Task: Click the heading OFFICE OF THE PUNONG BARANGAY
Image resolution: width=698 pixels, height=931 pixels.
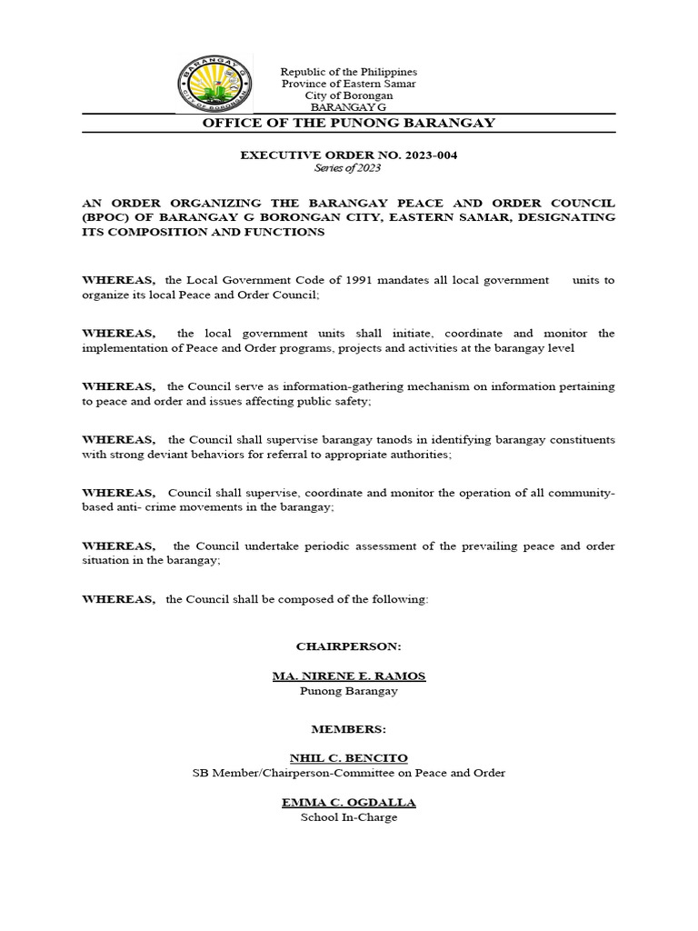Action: (x=348, y=124)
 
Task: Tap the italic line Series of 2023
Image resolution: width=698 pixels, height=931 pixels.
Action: (x=348, y=168)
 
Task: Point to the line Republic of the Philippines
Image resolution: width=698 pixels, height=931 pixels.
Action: (x=348, y=72)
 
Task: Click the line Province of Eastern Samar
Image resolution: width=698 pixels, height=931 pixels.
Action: (x=348, y=84)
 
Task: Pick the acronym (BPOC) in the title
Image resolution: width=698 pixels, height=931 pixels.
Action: (x=106, y=218)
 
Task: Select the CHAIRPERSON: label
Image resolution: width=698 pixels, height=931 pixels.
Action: (x=348, y=646)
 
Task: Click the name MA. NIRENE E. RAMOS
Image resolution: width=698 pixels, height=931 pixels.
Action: (x=349, y=676)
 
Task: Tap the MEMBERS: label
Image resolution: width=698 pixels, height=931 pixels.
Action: (x=348, y=729)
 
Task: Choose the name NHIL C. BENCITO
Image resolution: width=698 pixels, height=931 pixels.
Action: (x=348, y=757)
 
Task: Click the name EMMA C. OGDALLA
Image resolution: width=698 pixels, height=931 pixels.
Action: (x=348, y=803)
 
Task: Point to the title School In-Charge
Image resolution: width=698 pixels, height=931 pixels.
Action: (x=348, y=817)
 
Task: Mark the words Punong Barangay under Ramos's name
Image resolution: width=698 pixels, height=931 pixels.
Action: (x=348, y=691)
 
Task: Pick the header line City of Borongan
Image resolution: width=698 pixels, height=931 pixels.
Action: (x=348, y=95)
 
